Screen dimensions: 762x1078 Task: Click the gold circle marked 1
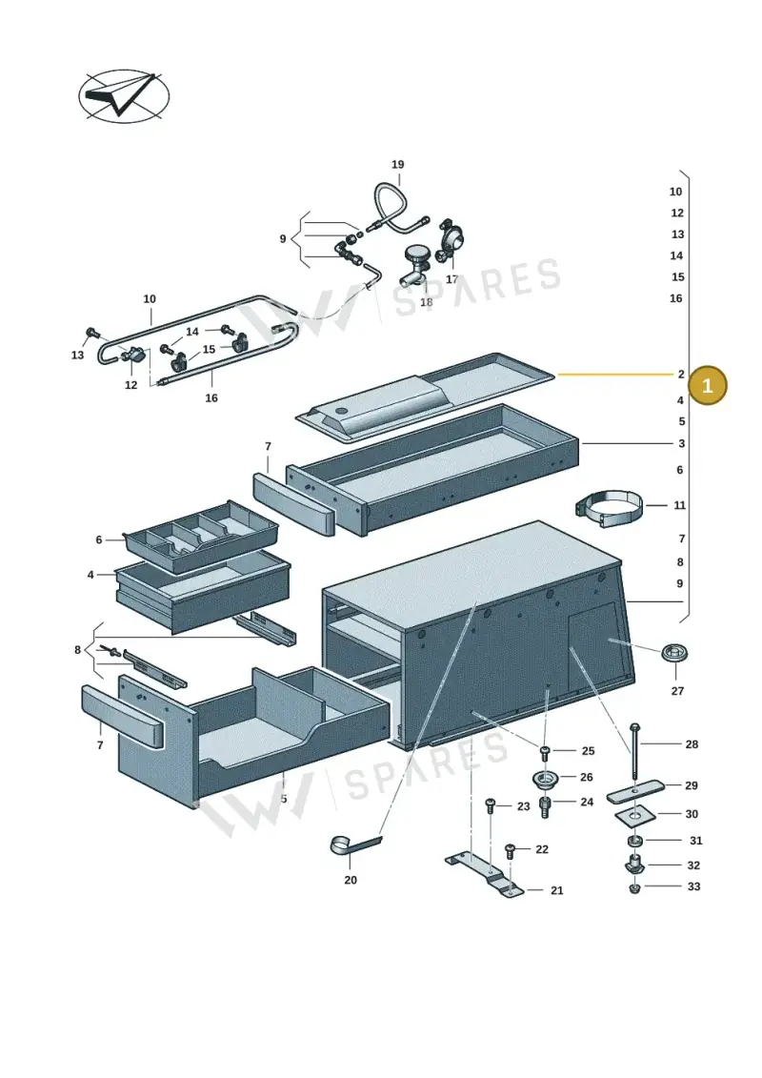(x=707, y=385)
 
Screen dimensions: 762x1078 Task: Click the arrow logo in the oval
(x=124, y=96)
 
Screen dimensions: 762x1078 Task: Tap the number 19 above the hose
(x=398, y=164)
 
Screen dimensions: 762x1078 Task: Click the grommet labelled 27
(x=674, y=653)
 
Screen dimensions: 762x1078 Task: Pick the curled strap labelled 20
(x=354, y=845)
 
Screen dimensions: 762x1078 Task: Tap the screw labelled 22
(x=510, y=851)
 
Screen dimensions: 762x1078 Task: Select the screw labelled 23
(x=491, y=806)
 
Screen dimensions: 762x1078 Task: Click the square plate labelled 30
(x=635, y=816)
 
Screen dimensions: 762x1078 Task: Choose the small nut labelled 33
(x=634, y=888)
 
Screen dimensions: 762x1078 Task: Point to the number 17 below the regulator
(x=451, y=279)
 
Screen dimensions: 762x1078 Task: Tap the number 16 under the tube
(x=211, y=398)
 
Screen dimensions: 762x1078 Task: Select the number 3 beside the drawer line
(x=681, y=443)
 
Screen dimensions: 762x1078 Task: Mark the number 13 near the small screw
(x=77, y=355)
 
